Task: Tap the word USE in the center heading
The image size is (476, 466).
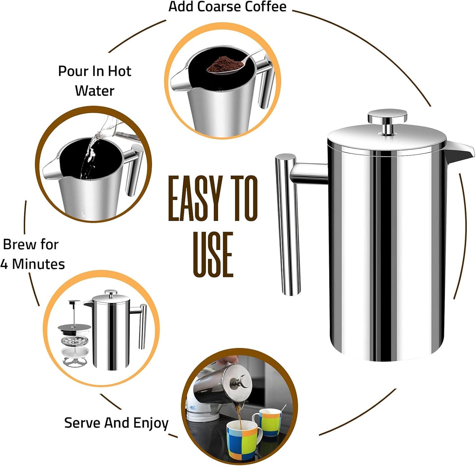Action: point(213,254)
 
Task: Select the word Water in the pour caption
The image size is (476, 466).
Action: point(95,91)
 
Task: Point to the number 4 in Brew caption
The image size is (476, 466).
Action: point(4,264)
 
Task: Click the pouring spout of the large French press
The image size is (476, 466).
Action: point(460,152)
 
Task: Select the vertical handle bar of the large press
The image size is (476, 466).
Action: point(287,224)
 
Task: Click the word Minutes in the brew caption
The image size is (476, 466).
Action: point(39,264)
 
